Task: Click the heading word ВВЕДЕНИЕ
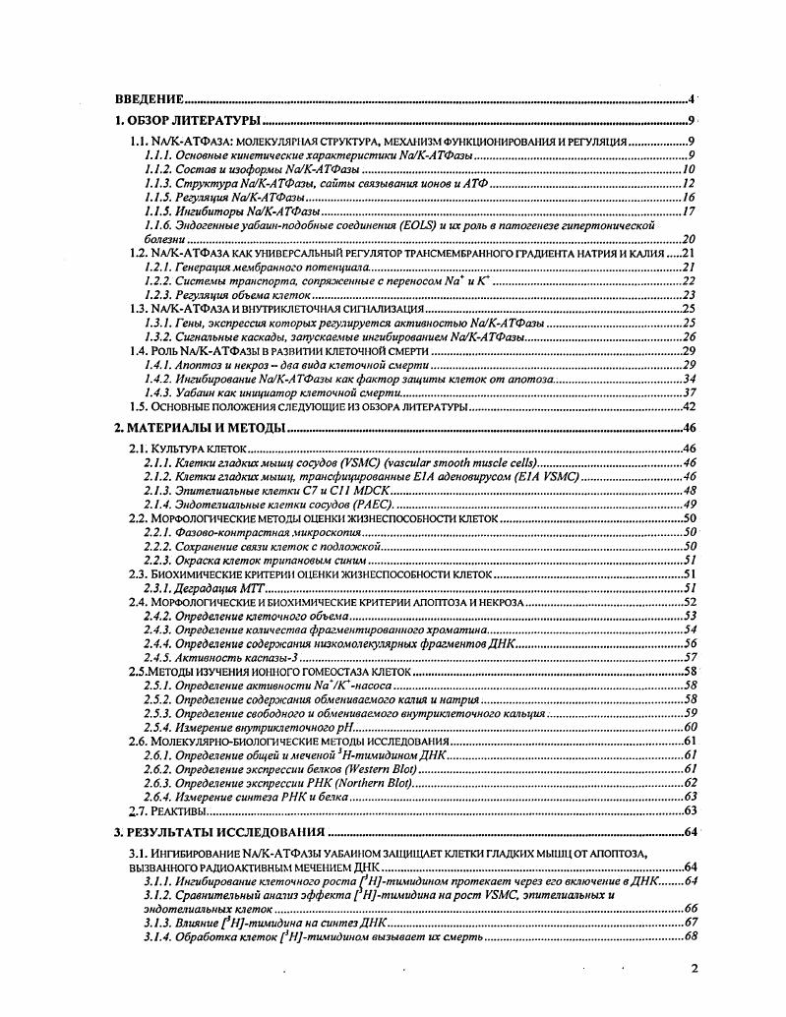(x=150, y=99)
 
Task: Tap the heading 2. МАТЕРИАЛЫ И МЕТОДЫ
(x=199, y=428)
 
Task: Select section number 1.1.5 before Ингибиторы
(x=157, y=210)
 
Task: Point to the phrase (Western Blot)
(x=370, y=768)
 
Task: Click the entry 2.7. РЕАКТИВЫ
(x=168, y=810)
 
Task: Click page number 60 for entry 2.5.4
(x=689, y=726)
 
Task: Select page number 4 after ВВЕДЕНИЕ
(x=692, y=99)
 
